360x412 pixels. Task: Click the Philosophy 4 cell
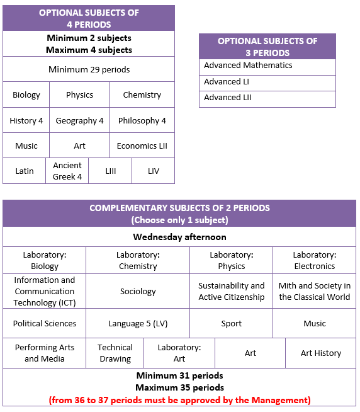click(142, 120)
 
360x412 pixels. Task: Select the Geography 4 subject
click(79, 120)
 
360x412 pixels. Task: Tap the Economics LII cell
click(142, 146)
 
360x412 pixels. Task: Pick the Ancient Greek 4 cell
click(67, 171)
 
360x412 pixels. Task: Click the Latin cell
click(25, 171)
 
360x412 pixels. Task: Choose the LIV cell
click(154, 171)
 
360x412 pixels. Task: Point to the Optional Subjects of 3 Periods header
click(267, 47)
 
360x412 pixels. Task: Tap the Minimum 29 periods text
click(89, 69)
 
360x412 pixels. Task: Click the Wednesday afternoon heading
click(179, 237)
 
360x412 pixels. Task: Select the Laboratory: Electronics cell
click(314, 260)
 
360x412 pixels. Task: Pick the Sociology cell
click(138, 292)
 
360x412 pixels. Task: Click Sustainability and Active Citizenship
click(232, 292)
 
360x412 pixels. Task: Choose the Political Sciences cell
click(45, 323)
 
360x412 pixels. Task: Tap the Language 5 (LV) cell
click(138, 323)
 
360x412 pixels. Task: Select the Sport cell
click(232, 323)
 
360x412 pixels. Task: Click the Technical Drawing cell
click(115, 353)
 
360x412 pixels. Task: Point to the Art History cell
click(321, 353)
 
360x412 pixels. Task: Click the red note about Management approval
click(179, 400)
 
